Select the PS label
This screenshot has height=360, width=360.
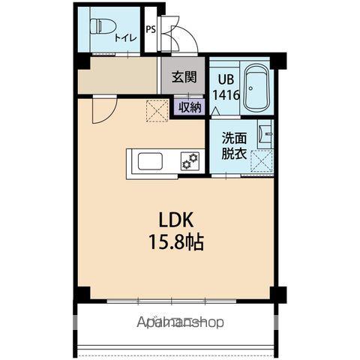[151, 31]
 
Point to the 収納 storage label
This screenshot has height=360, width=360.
[190, 106]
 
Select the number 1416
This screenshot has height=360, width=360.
[226, 95]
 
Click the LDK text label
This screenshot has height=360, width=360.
[177, 220]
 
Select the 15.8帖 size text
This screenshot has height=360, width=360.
[177, 243]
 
